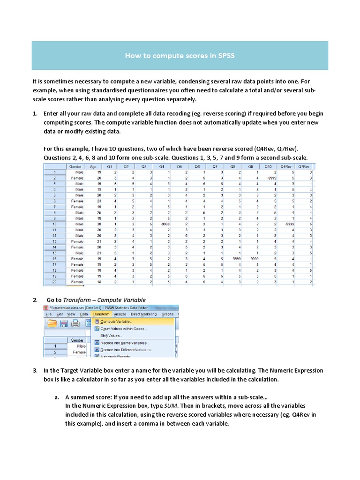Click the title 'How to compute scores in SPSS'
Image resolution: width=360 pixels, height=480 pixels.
point(180,56)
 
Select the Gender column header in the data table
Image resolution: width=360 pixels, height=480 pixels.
point(75,166)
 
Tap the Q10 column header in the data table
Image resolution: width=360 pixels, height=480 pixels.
point(268,166)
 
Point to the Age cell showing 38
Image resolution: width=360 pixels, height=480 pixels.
point(93,225)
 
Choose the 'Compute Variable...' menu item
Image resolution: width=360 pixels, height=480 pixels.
point(116,322)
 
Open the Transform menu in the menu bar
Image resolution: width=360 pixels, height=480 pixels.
point(101,314)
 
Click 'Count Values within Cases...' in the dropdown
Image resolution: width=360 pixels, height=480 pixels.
point(123,329)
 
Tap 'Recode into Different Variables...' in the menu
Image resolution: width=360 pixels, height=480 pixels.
point(127,350)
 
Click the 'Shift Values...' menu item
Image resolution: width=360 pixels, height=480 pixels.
point(111,336)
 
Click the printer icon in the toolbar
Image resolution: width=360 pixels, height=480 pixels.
point(75,324)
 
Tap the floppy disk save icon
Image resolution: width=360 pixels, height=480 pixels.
point(64,324)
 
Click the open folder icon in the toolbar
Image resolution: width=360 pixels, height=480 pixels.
point(52,324)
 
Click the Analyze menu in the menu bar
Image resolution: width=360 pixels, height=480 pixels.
point(120,314)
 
